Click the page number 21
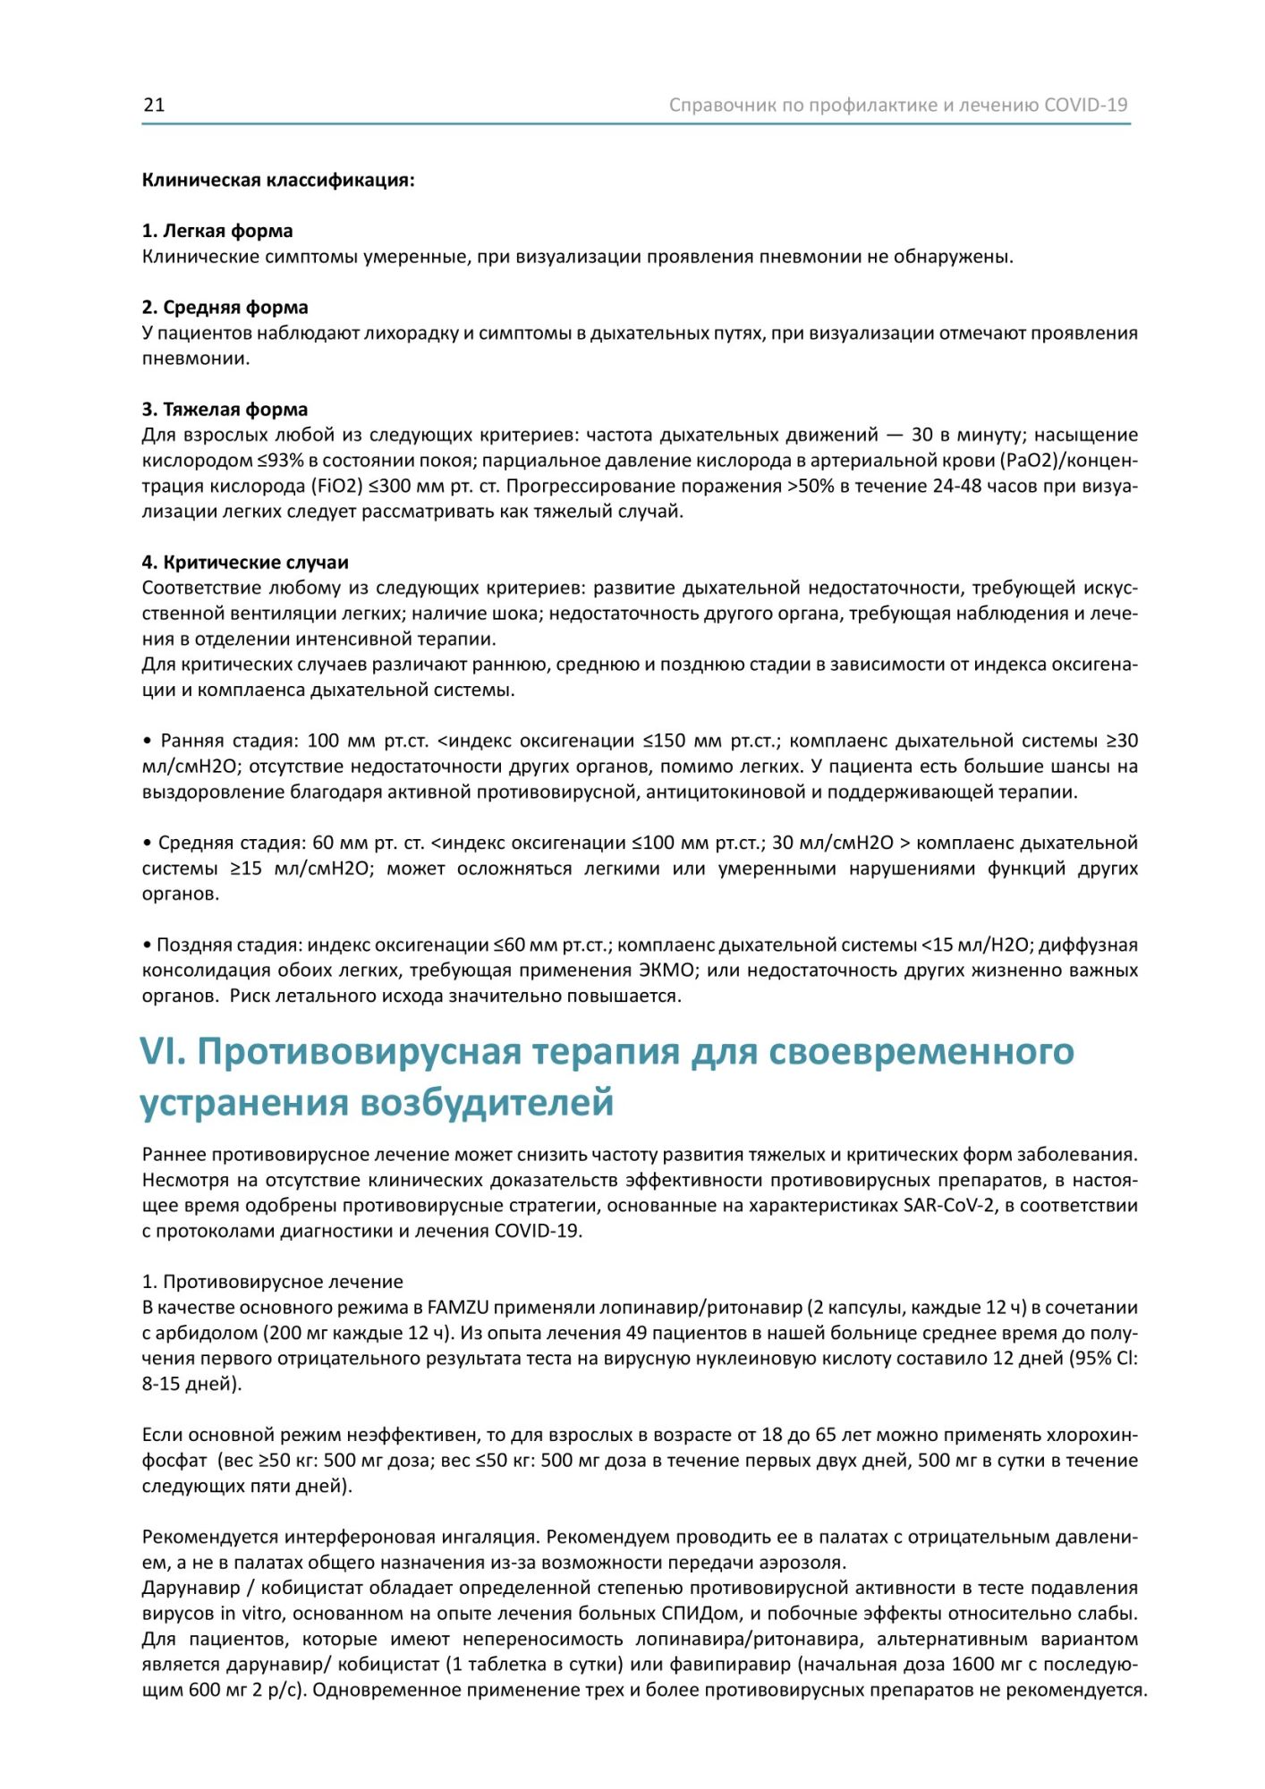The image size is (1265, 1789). point(154,105)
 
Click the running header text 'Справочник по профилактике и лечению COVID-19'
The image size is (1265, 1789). point(898,105)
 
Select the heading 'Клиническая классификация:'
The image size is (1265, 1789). point(278,180)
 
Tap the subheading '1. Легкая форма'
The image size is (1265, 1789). point(217,231)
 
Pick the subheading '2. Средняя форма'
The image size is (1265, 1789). point(225,307)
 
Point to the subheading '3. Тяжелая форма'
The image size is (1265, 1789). point(225,410)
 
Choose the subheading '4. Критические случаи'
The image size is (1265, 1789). point(245,563)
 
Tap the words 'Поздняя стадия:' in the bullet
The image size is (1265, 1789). point(230,945)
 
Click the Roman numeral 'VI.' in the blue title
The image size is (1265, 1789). point(163,1052)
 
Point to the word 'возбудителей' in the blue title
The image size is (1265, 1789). point(488,1103)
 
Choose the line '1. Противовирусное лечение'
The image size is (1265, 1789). point(273,1282)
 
